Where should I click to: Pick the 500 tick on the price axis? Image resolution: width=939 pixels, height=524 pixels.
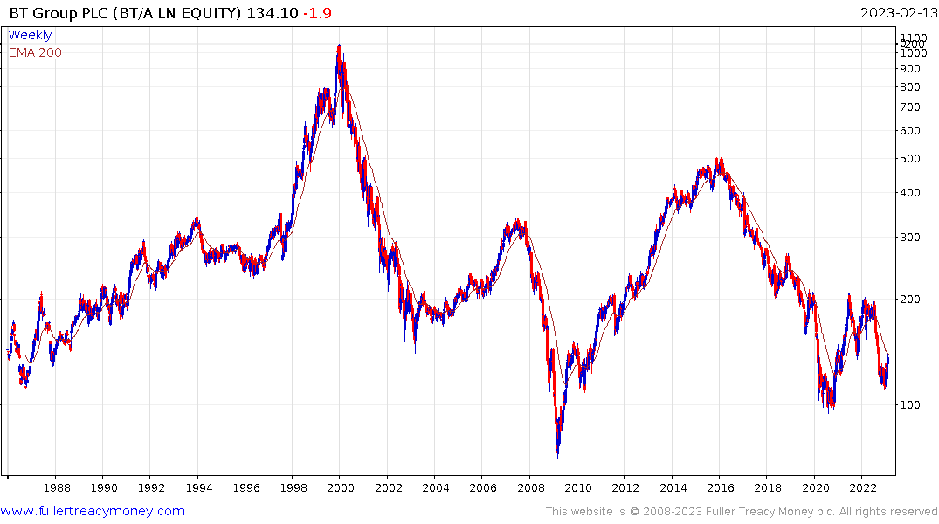(910, 158)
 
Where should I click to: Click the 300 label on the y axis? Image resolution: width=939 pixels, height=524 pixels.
(910, 237)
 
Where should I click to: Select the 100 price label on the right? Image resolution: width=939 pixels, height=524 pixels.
(910, 404)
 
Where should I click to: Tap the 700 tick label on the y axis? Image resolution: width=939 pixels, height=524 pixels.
(910, 107)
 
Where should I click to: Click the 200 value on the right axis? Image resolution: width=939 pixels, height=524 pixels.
(910, 299)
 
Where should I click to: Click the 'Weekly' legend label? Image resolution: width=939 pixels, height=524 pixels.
(30, 36)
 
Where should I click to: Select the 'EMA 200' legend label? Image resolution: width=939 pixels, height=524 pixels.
(35, 52)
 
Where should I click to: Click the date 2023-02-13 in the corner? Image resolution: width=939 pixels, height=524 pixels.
(896, 13)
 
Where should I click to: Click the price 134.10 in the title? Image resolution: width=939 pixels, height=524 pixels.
(268, 13)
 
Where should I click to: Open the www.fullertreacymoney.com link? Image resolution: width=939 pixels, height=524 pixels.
(93, 511)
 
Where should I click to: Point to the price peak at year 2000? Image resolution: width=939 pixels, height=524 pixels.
(339, 45)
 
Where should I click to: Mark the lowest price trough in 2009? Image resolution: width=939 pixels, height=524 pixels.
(557, 456)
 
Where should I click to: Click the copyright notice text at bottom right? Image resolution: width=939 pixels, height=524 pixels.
(741, 512)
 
